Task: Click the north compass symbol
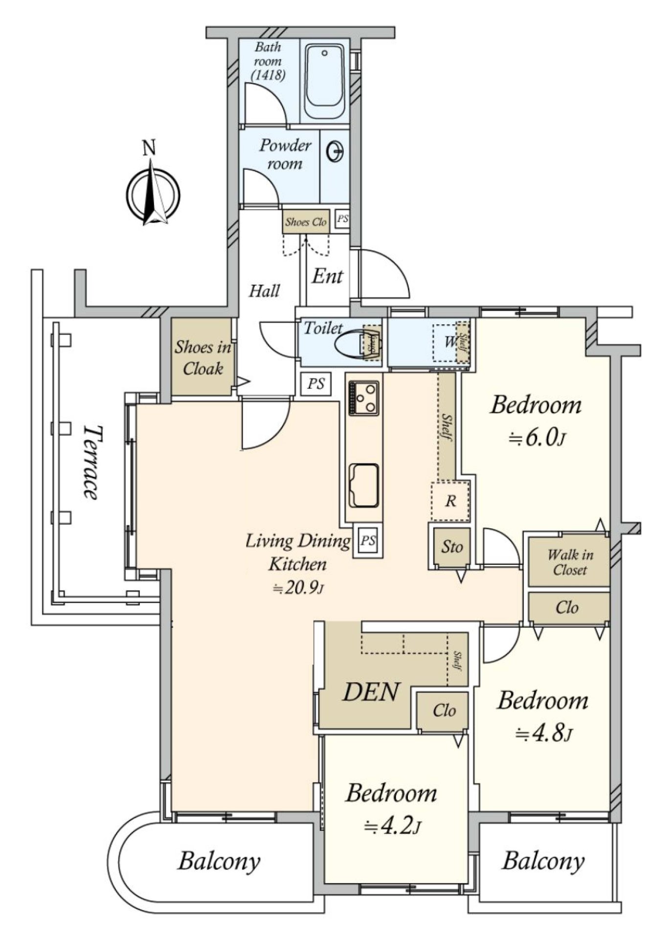[x=153, y=193]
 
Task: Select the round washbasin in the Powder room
[x=335, y=151]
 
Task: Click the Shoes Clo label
[x=306, y=222]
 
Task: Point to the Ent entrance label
[x=327, y=277]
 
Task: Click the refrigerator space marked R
[x=451, y=501]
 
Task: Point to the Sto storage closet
[x=451, y=546]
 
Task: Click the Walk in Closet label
[x=570, y=562]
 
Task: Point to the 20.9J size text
[x=297, y=587]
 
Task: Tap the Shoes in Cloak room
[x=202, y=358]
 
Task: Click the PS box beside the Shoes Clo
[x=342, y=219]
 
